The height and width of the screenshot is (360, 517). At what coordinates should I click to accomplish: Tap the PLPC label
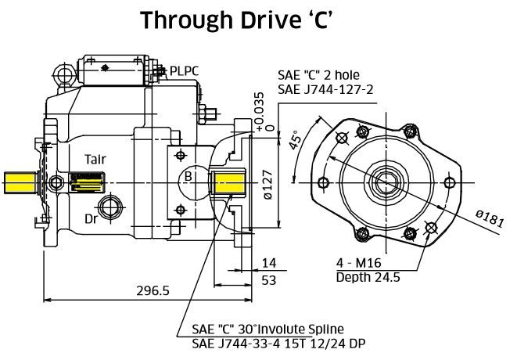tap(184, 71)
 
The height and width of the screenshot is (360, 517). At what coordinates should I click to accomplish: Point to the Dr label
tap(92, 218)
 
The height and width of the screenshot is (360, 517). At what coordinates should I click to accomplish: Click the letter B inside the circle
tap(188, 177)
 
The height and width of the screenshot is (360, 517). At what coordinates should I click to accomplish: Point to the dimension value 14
tap(270, 262)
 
